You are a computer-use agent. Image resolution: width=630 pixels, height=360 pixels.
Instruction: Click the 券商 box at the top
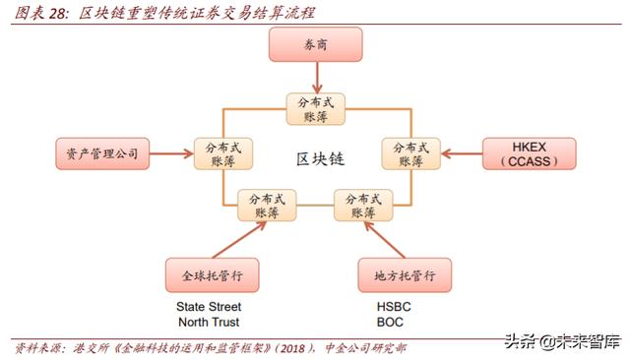coord(314,45)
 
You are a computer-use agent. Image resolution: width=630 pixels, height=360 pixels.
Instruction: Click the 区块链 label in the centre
coord(317,157)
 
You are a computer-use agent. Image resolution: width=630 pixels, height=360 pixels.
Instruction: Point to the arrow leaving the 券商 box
coord(314,79)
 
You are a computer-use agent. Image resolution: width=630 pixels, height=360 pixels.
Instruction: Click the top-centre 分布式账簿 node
coord(314,109)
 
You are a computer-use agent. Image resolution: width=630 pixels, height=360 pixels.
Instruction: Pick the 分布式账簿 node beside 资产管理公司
coord(221,153)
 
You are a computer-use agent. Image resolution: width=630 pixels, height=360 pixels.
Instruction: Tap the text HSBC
coord(394,306)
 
